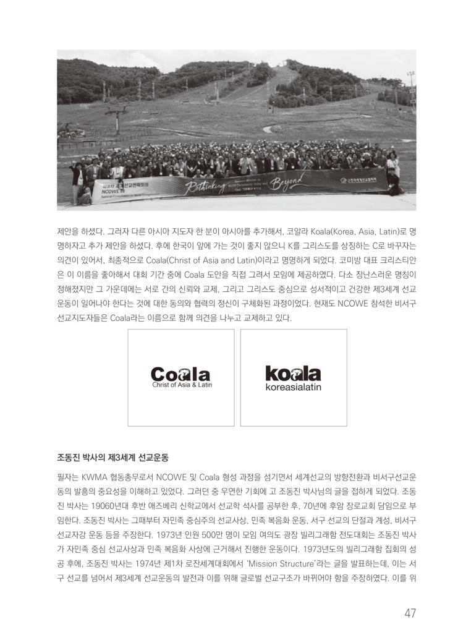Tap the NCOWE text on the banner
(106, 192)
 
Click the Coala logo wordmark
(180, 374)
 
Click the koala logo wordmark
(293, 374)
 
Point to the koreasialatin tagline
(294, 388)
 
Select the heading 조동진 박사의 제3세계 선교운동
(112, 458)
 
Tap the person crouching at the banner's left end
(85, 196)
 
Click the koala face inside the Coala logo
(181, 374)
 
